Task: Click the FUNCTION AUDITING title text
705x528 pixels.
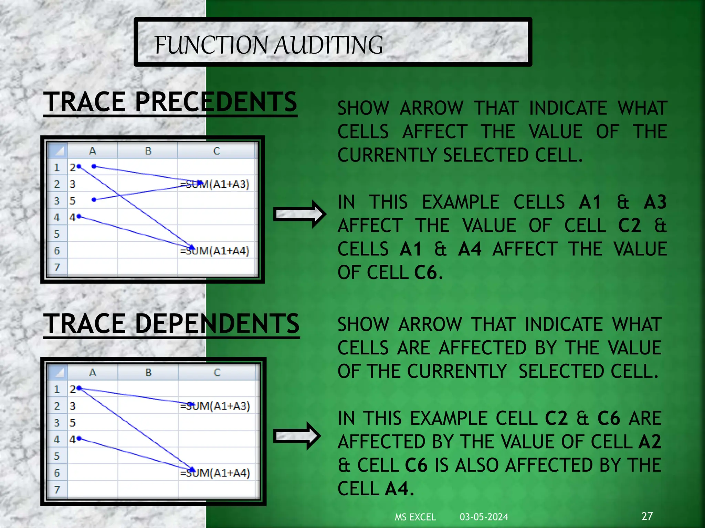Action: (x=269, y=45)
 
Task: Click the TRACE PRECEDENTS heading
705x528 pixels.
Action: (x=170, y=102)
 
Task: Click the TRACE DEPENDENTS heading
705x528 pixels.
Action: (x=171, y=324)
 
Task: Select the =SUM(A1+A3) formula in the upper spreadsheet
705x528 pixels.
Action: (x=215, y=185)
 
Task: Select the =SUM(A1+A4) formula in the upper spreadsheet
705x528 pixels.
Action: (x=215, y=251)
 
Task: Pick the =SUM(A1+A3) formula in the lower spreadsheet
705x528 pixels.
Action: (x=215, y=406)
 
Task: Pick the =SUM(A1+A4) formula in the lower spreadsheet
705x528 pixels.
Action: (x=215, y=473)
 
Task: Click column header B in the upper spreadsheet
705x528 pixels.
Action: (x=148, y=151)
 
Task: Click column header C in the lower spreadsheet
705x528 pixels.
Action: (x=217, y=373)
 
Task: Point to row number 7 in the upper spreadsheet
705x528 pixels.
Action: (x=57, y=267)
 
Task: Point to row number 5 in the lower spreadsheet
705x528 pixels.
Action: (x=57, y=456)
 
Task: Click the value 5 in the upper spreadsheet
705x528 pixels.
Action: (x=72, y=201)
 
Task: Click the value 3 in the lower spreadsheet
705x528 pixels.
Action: (x=72, y=406)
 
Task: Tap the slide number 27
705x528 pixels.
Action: (x=647, y=516)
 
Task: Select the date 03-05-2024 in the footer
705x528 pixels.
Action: (x=484, y=517)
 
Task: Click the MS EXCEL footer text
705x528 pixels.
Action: (x=415, y=517)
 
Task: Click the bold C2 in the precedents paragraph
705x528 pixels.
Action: (x=629, y=226)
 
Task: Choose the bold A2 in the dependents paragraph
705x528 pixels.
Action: (x=650, y=442)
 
